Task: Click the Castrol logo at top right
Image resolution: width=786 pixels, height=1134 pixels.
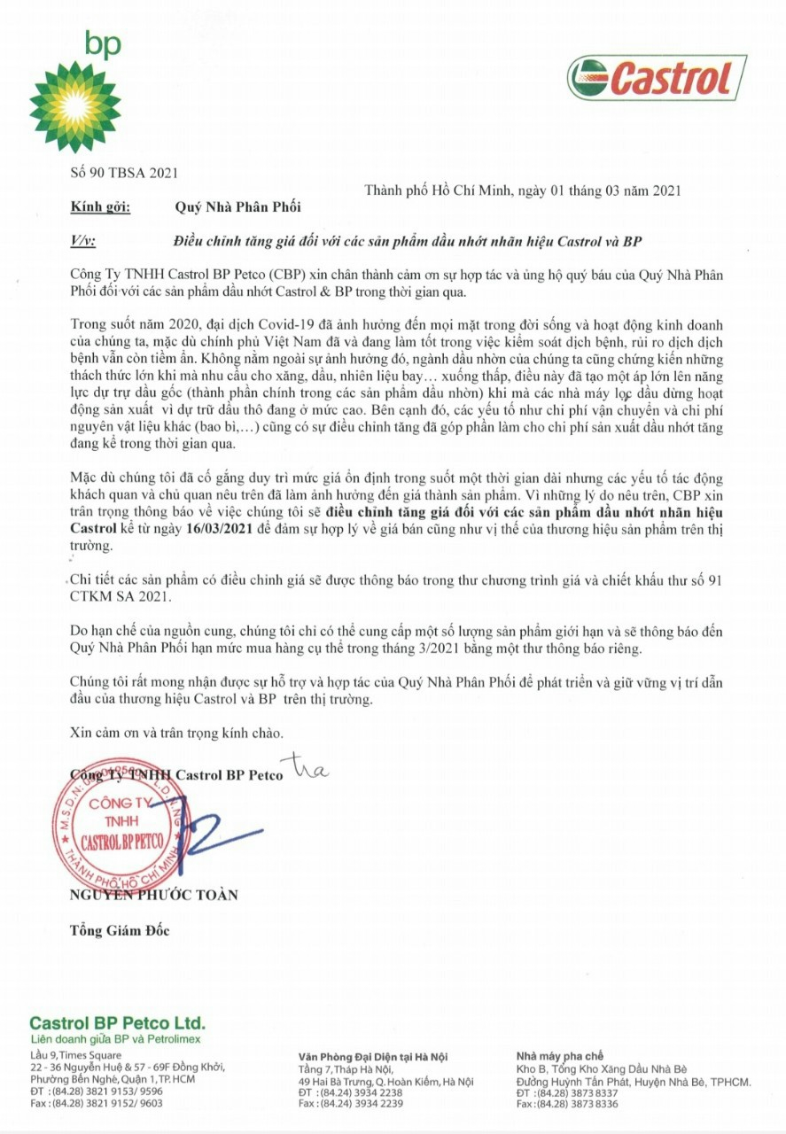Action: tap(657, 78)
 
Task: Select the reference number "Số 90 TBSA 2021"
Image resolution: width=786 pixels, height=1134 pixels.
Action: tap(123, 173)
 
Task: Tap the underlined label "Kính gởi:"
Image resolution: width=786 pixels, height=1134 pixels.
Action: tap(100, 207)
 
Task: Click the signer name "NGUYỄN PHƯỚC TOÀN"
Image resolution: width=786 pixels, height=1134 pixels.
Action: tap(153, 895)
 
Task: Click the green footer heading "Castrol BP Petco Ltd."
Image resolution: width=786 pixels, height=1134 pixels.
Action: tap(117, 1022)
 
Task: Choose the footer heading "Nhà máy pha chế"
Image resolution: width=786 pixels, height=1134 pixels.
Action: tap(559, 1056)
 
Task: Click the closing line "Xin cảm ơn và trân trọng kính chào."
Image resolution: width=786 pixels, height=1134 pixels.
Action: tap(177, 734)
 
